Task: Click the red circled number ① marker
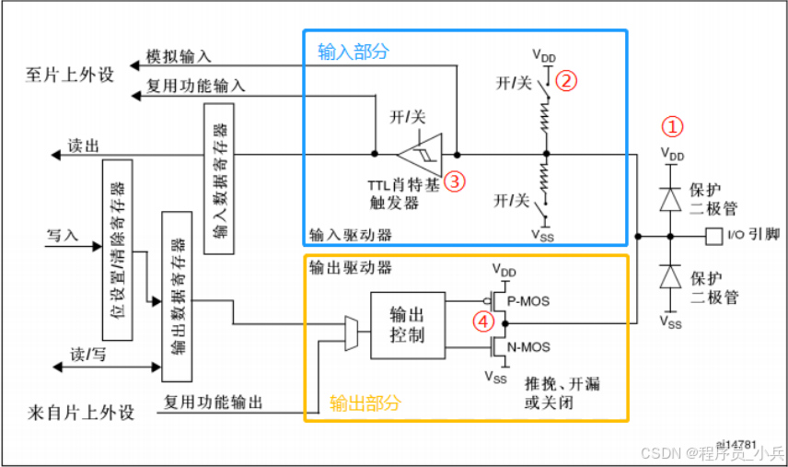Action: [x=675, y=125]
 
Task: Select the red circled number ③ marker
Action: [x=455, y=181]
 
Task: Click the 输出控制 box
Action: [x=407, y=324]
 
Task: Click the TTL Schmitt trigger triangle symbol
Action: [x=420, y=153]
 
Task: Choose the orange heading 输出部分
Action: [x=365, y=403]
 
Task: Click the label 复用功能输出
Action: [x=214, y=403]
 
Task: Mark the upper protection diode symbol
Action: [x=675, y=195]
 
